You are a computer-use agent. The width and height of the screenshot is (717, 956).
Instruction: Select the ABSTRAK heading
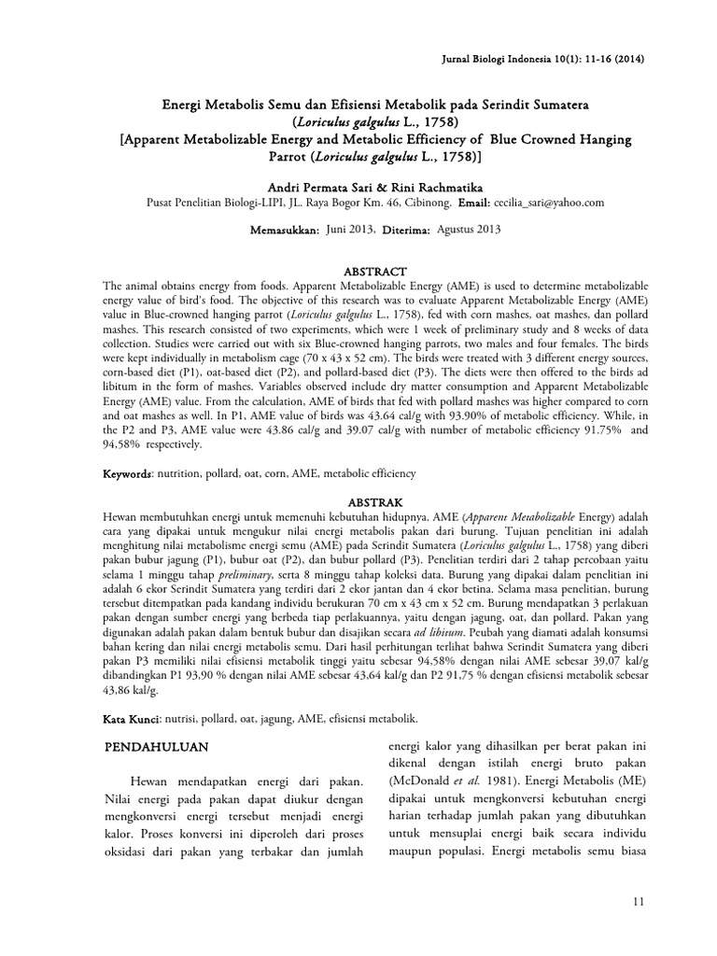358,499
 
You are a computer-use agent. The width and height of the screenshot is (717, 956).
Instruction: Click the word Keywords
127,474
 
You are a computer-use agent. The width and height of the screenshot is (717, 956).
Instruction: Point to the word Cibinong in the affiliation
430,202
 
